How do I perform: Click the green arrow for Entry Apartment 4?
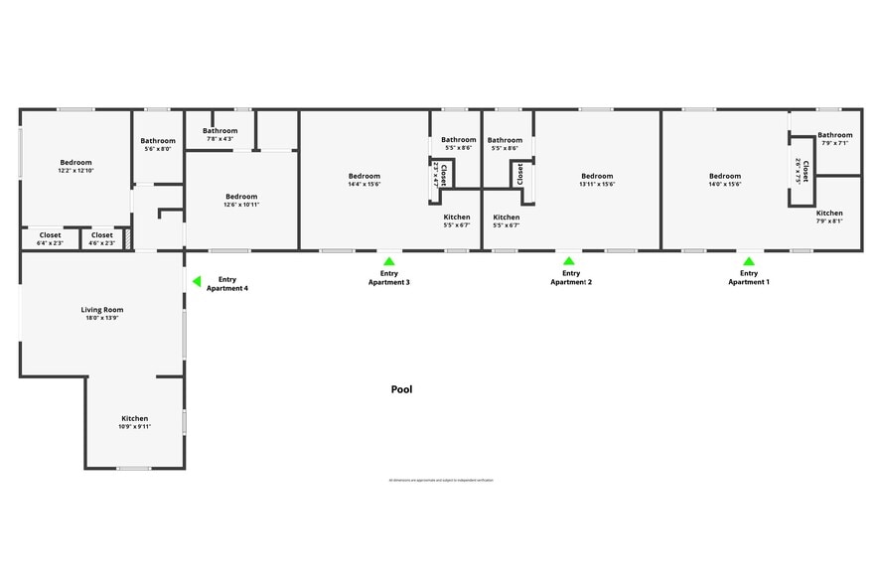pos(197,282)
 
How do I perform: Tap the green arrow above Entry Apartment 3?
pos(389,261)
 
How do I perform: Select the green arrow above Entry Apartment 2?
pos(570,261)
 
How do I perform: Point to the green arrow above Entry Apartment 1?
pos(748,261)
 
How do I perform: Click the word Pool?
pos(401,390)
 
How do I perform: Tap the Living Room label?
pos(100,314)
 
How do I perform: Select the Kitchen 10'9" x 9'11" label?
pos(134,422)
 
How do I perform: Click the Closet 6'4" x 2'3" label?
pos(50,238)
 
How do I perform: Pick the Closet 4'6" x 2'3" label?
pos(102,238)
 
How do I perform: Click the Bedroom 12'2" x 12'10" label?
pos(75,166)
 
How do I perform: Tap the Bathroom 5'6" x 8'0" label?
pos(158,145)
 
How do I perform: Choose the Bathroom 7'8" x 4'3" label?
pos(220,134)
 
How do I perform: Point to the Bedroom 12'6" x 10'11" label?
pos(241,200)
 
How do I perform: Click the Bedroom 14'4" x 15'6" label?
pos(365,180)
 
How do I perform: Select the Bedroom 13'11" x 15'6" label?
pos(597,180)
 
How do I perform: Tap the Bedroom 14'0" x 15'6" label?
pos(725,180)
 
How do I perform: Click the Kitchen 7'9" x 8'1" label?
pos(829,217)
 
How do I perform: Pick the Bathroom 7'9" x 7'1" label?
pos(835,138)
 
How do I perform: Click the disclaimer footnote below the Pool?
pos(441,480)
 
